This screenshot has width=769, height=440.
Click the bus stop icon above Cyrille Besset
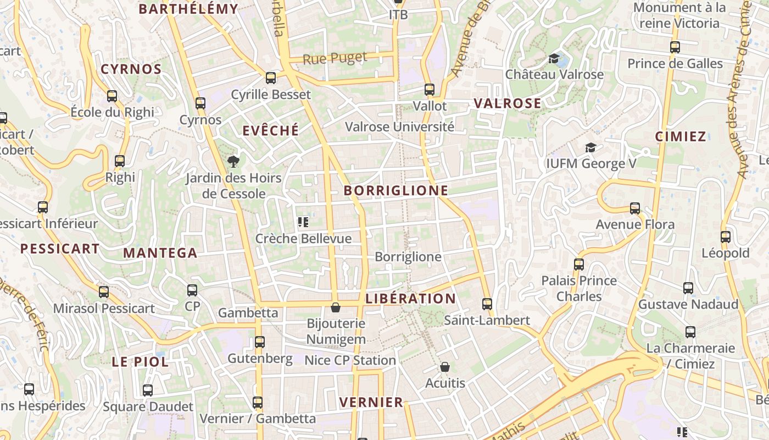click(271, 78)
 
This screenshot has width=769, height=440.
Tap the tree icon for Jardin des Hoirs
click(233, 161)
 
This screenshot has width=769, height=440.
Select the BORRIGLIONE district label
click(395, 191)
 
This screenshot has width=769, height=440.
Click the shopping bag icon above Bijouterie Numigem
click(336, 307)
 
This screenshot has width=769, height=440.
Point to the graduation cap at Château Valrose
click(554, 58)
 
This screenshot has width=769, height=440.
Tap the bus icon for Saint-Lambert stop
click(487, 304)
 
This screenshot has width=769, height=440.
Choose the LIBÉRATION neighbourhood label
click(410, 299)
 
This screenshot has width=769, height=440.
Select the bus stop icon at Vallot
click(430, 89)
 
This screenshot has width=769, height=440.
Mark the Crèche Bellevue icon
click(303, 222)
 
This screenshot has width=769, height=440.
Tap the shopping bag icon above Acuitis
click(445, 367)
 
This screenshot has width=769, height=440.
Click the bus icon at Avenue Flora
click(635, 208)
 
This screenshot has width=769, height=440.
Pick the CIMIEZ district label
click(681, 136)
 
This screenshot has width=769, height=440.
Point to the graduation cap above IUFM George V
click(590, 147)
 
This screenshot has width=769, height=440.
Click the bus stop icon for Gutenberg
click(260, 342)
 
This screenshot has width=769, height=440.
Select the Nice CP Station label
click(350, 360)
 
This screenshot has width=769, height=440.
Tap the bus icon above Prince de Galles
click(675, 47)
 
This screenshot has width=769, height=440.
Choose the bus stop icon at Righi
click(120, 161)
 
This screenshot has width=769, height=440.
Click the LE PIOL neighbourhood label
click(140, 362)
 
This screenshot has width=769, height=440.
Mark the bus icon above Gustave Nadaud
click(688, 288)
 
